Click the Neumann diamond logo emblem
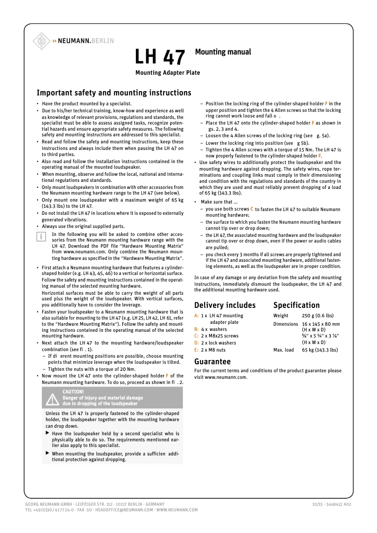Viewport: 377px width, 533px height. [x=41, y=41]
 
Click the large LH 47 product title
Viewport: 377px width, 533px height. [x=160, y=57]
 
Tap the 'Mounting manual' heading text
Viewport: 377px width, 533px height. [x=223, y=52]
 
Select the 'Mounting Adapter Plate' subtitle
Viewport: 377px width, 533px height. [x=167, y=73]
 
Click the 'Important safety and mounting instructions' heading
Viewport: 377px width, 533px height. [x=114, y=93]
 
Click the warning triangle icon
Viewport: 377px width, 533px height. [x=52, y=399]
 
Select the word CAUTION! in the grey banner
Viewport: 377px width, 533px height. [x=73, y=392]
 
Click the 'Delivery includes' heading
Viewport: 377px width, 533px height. [x=225, y=305]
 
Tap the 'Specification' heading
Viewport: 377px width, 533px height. [x=296, y=305]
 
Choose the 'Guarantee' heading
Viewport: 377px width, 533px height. [x=212, y=361]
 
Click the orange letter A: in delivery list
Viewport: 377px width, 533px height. [x=196, y=316]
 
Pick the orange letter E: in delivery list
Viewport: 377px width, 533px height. [x=196, y=350]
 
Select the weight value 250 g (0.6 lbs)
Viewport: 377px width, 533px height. [x=317, y=316]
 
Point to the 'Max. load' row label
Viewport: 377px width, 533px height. [x=283, y=350]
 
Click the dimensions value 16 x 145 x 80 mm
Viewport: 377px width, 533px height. [x=321, y=324]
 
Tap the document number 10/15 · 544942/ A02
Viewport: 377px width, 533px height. [x=331, y=504]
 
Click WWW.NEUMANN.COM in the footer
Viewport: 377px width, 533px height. [x=177, y=510]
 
